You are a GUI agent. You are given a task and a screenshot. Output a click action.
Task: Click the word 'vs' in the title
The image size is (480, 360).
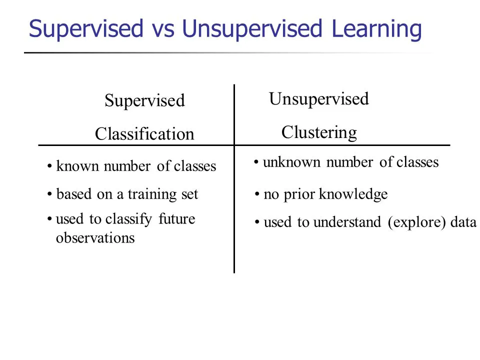pos(163,29)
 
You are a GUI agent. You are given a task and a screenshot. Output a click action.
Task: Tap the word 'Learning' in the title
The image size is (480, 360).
pos(376,29)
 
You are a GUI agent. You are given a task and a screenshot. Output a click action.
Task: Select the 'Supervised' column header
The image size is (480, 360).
pos(144,100)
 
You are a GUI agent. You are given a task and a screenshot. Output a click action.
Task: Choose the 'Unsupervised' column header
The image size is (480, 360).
pos(319,99)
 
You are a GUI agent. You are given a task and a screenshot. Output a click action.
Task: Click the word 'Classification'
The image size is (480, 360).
pos(144,134)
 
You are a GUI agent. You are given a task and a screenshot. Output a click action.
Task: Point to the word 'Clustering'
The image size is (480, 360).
pos(319,132)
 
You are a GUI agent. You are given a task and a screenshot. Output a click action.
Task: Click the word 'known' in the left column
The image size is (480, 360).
pos(77,166)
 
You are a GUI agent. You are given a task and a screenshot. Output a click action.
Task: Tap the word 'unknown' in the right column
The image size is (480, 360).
pos(291,162)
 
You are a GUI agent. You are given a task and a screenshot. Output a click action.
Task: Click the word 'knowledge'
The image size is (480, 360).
pos(353,194)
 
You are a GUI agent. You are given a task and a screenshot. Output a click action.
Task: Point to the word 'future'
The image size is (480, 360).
pos(176,219)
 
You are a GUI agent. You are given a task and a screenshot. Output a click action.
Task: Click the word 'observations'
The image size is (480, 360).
pos(95,238)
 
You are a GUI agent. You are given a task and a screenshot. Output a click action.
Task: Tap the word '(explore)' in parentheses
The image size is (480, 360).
pos(416,222)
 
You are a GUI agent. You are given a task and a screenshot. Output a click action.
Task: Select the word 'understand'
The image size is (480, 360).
pos(347,222)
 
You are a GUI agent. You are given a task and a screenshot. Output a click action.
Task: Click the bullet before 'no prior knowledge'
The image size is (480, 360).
pos(257,194)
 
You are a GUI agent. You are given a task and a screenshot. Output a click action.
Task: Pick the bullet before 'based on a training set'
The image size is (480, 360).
pos(49,194)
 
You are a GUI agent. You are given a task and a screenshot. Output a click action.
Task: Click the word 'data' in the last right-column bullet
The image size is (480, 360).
pos(463,222)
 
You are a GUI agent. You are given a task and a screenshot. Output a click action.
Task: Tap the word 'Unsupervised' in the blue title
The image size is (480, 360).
pos(252,29)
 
